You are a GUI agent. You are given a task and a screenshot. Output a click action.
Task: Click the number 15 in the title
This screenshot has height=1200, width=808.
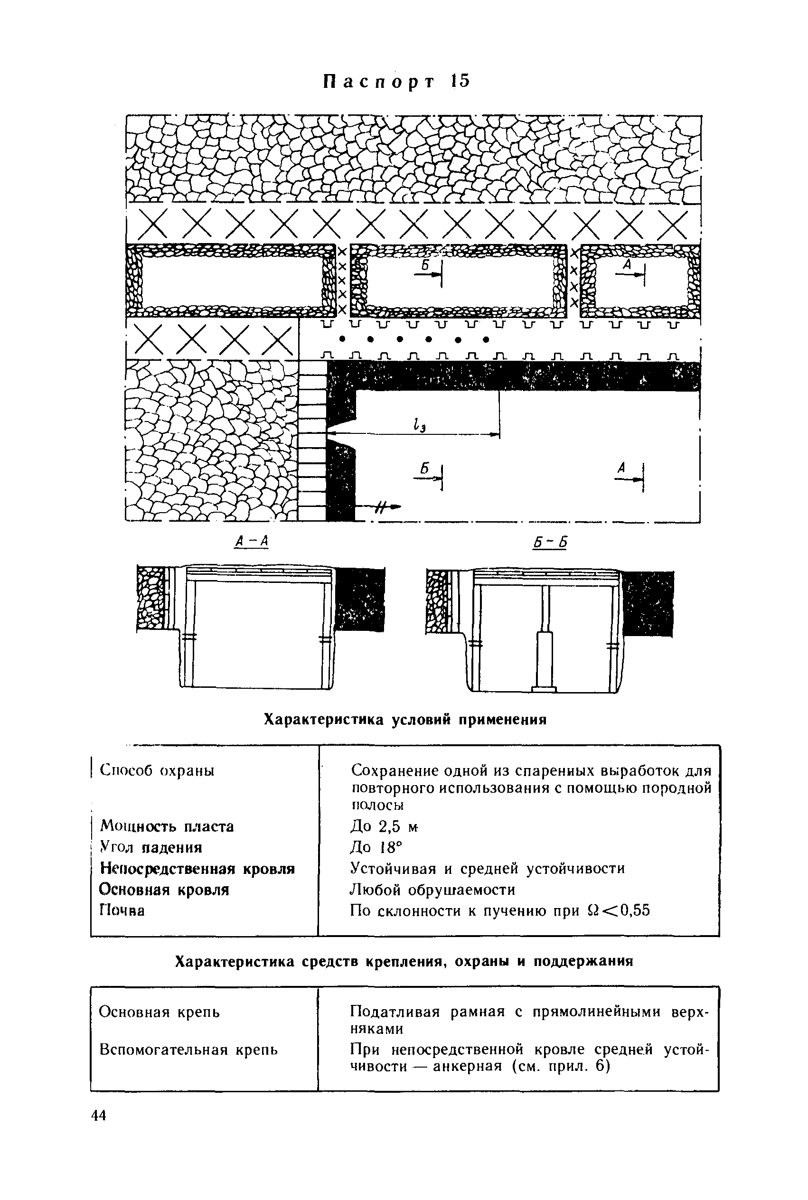tap(460, 82)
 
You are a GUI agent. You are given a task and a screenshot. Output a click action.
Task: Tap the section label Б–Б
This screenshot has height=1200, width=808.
tap(550, 542)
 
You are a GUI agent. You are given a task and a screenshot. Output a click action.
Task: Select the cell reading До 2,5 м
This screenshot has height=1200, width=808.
tap(384, 826)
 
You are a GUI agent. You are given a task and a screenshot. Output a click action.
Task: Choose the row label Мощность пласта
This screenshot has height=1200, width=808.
tap(167, 826)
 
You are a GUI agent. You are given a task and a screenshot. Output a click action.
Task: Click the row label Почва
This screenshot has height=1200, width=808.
tap(122, 910)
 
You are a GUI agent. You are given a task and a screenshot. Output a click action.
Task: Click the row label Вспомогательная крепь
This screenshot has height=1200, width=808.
tap(188, 1050)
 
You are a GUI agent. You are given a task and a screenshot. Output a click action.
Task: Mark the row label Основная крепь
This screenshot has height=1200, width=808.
tap(159, 1012)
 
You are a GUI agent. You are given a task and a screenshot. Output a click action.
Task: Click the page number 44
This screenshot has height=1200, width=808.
tap(98, 1116)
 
